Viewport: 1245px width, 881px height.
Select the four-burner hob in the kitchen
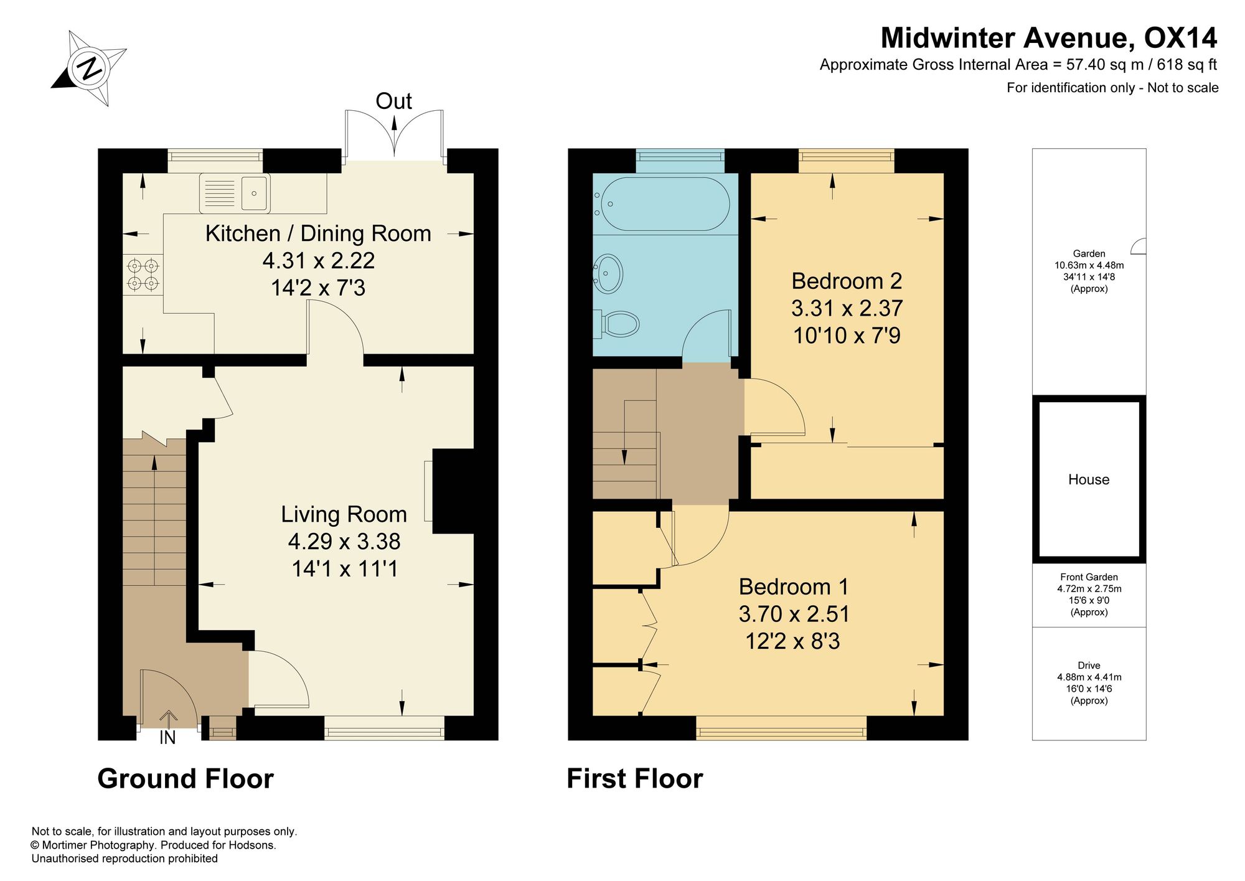[x=143, y=275]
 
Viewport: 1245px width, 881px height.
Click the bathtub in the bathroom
[x=662, y=204]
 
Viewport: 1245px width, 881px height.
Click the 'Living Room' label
[x=344, y=514]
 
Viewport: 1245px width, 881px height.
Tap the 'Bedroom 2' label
[x=847, y=281]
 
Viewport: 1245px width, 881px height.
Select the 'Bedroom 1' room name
[x=793, y=587]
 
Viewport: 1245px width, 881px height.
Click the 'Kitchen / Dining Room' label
[x=318, y=233]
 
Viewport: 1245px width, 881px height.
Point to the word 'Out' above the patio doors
[x=393, y=101]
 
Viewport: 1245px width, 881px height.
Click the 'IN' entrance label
[x=167, y=738]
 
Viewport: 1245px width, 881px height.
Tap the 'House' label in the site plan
[x=1089, y=479]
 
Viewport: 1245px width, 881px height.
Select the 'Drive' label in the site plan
[x=1089, y=665]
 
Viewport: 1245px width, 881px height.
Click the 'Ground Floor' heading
[x=186, y=779]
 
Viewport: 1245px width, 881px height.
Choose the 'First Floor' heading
[x=635, y=779]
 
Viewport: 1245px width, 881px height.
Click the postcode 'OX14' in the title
[x=1180, y=38]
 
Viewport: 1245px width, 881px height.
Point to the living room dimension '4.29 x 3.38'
[x=344, y=542]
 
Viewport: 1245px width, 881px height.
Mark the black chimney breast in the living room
[x=453, y=491]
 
